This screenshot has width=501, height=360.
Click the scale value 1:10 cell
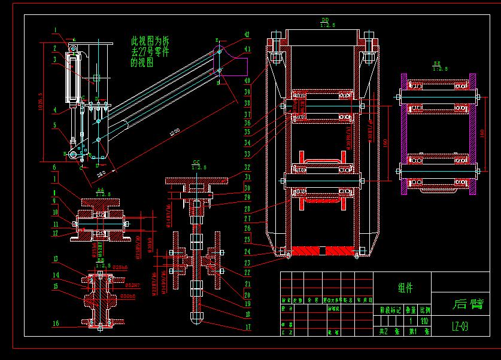424,321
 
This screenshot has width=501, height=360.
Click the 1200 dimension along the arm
174,133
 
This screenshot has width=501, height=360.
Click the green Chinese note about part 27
150,52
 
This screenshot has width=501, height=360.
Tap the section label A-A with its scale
104,191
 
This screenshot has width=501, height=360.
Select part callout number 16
55,323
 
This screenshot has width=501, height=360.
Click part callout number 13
55,258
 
